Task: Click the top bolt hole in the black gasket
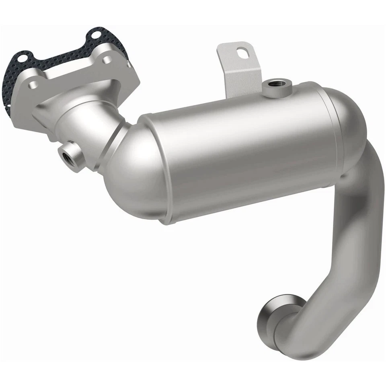pos(95,34)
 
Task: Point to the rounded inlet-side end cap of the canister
pos(129,177)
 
